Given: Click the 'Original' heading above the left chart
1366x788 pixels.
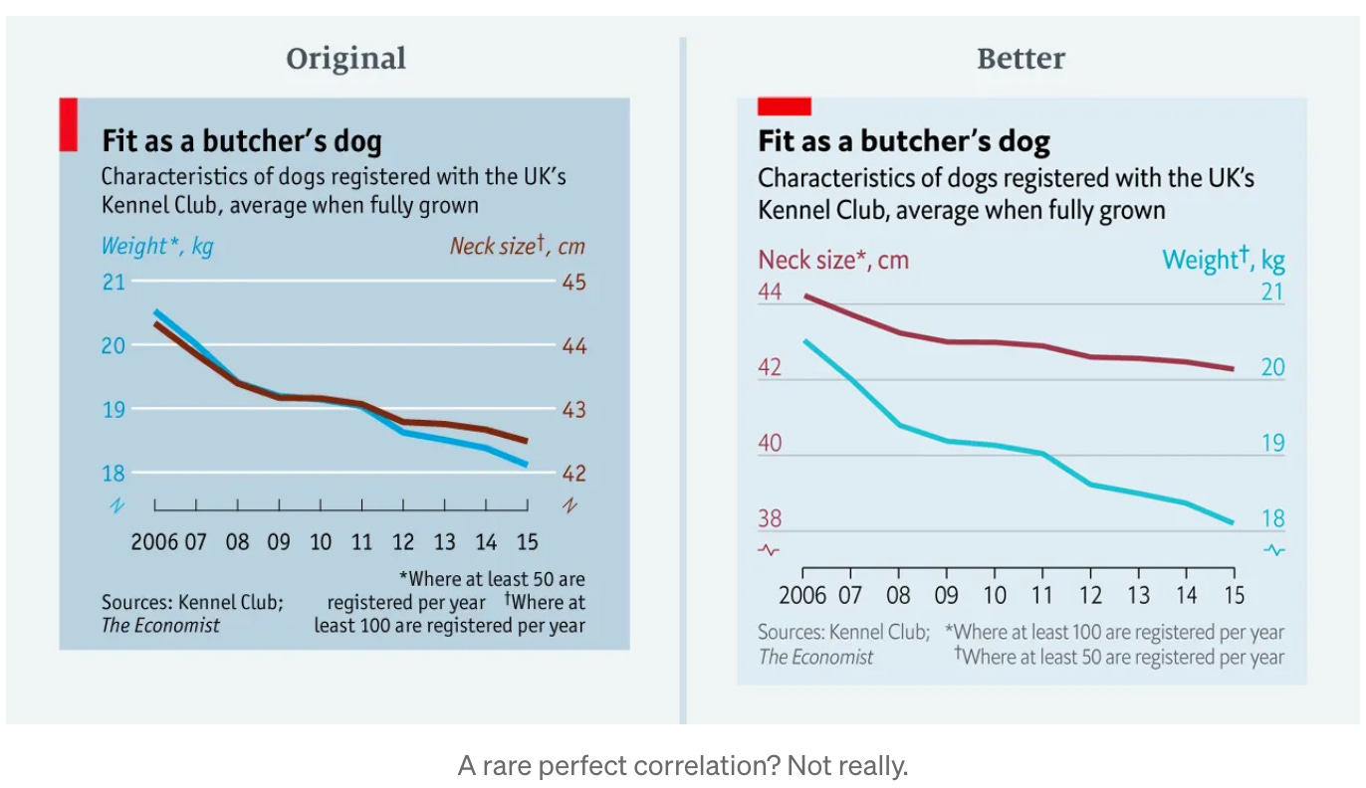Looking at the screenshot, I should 345,59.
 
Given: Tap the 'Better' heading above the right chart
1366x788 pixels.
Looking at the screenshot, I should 1021,59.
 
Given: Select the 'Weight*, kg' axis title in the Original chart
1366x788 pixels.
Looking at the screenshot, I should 157,246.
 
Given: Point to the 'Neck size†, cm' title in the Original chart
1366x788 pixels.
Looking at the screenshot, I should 516,246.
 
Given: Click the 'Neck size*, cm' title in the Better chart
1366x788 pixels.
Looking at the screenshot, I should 833,260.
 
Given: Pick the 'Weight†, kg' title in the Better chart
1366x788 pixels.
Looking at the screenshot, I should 1224,260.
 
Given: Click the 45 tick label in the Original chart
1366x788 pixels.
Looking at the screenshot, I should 573,283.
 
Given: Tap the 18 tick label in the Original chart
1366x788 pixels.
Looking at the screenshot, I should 114,474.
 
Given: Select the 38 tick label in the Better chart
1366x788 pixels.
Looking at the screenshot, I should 770,519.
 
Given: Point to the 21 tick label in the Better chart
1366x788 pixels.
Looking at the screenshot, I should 1273,293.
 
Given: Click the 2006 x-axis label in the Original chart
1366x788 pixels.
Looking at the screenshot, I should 154,542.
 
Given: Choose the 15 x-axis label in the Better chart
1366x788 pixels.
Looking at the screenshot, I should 1233,595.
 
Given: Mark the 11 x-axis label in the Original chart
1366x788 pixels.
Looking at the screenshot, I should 361,542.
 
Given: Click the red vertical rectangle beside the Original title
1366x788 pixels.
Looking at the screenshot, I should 68,124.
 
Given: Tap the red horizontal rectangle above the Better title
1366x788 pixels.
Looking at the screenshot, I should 785,106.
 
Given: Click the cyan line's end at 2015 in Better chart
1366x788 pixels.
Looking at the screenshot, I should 1233,522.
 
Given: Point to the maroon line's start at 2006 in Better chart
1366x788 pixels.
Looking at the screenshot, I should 804,295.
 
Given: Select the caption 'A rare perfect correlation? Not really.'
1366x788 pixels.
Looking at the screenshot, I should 683,766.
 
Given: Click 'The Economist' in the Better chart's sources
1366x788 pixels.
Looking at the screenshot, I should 815,657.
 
